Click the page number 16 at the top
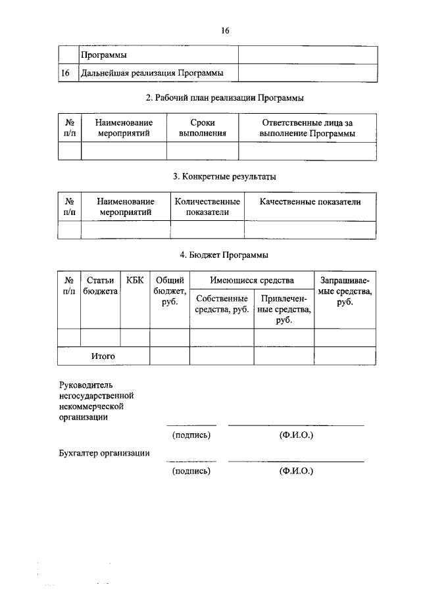pos(224,31)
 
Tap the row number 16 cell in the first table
pos(65,72)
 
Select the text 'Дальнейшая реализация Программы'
pos(150,72)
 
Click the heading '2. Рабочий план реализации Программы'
pos(224,98)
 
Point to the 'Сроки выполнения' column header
pos(203,128)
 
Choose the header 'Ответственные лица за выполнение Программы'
pos(308,128)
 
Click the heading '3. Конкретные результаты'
pos(224,176)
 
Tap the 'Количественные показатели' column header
pos(207,206)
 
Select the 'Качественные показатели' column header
pos(310,202)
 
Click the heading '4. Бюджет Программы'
pos(224,255)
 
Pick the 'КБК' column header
pos(135,281)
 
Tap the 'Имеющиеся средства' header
pos(252,281)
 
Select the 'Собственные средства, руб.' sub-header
pos(222,304)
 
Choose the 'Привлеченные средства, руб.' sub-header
pos(284,309)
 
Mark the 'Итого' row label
pos(103,356)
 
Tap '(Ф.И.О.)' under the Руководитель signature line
pos(296,435)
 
